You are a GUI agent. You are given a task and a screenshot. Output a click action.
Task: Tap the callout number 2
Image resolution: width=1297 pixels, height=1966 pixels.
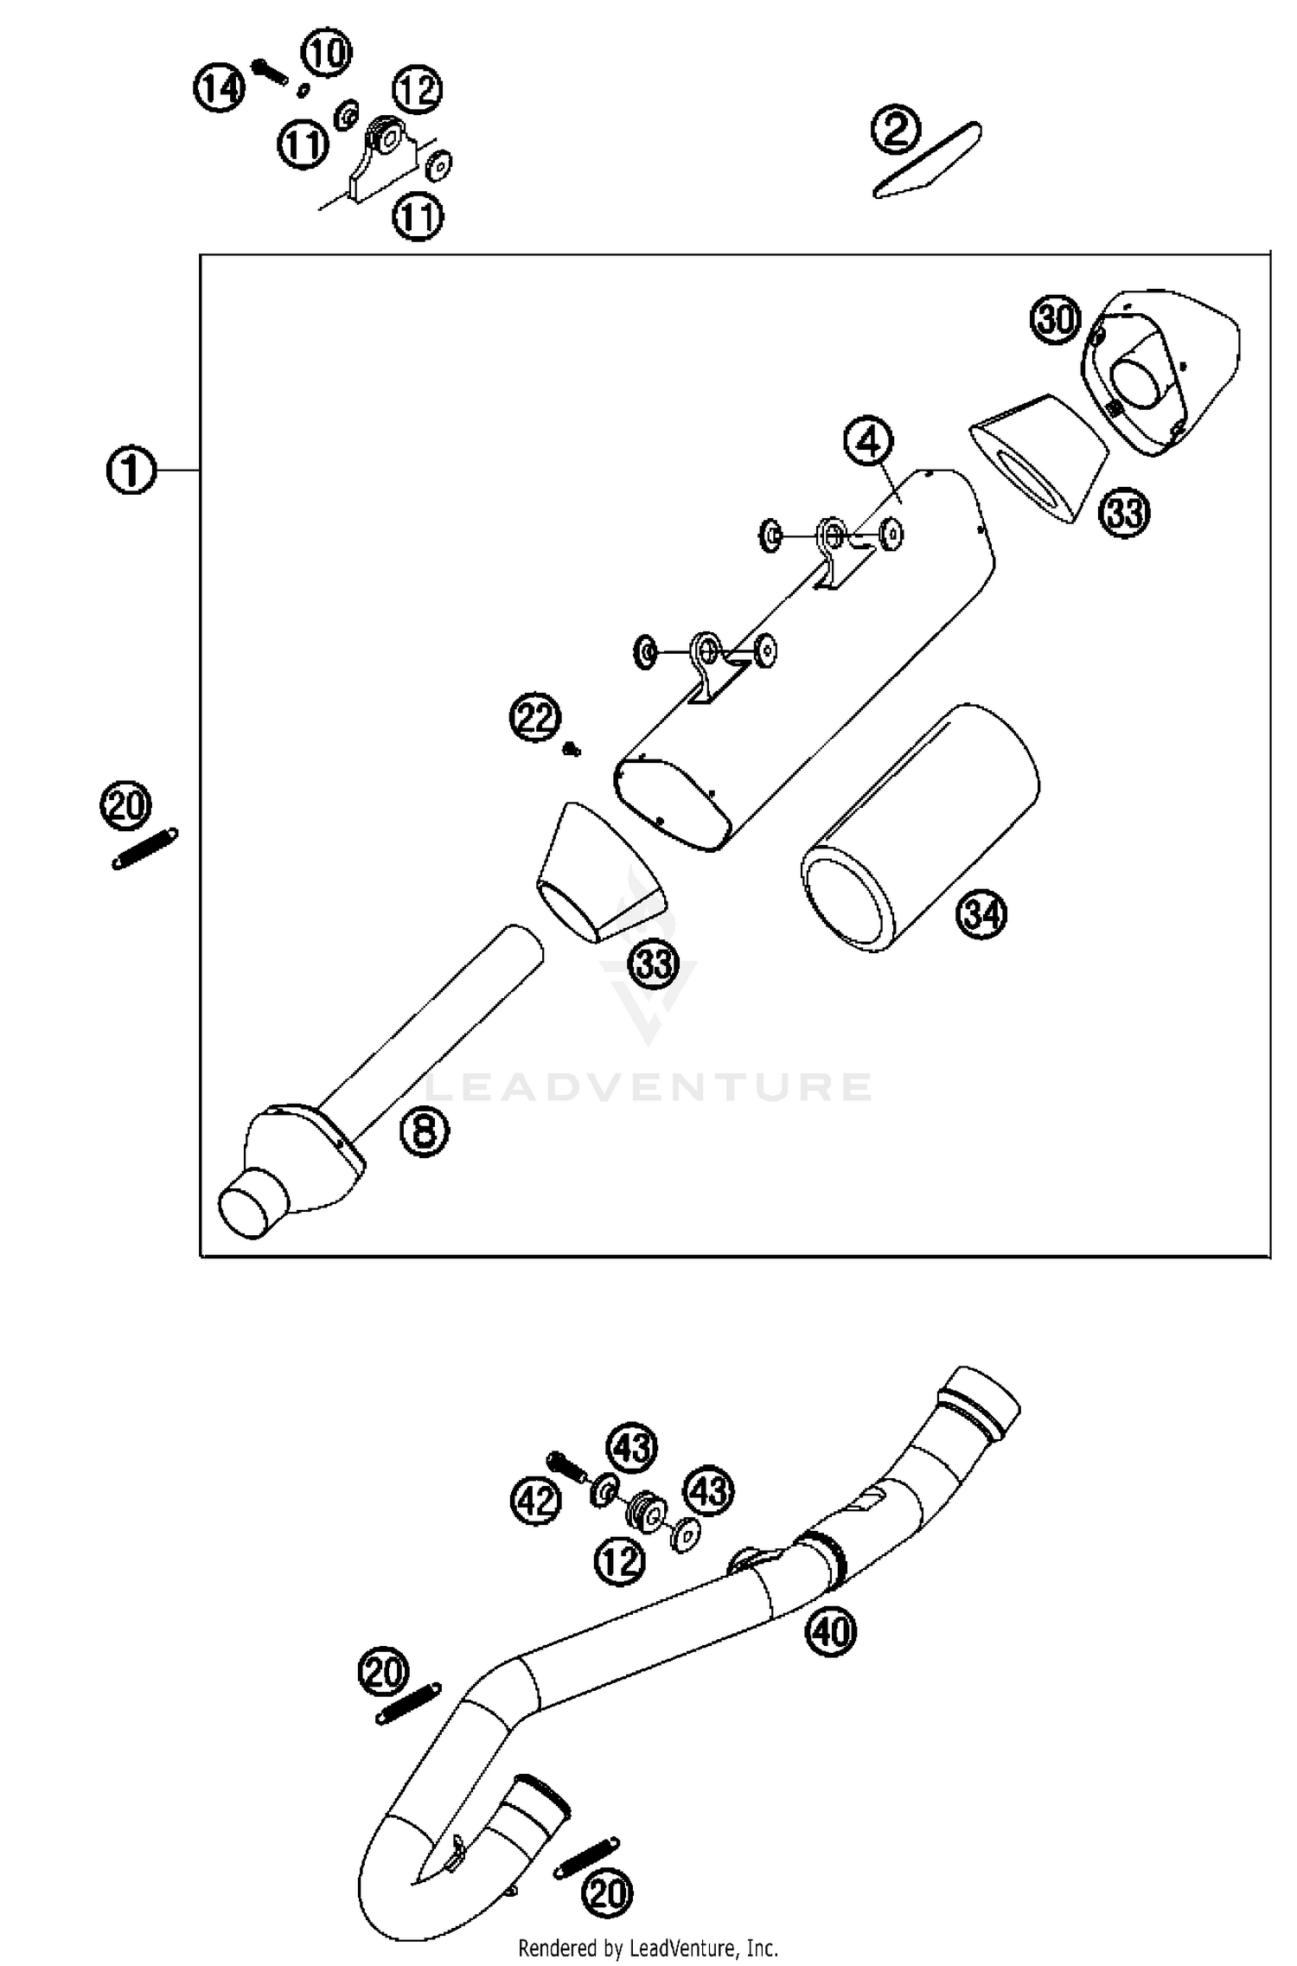click(x=896, y=131)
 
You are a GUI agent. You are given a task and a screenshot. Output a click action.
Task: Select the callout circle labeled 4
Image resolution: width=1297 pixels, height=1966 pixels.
click(x=868, y=442)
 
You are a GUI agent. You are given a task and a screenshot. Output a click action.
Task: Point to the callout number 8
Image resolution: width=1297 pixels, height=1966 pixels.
click(x=425, y=1130)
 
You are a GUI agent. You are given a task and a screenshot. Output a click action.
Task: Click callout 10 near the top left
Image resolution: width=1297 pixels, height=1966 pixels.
click(x=326, y=53)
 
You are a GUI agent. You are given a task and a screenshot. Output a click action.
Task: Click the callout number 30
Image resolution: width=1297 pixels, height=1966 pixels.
click(x=1056, y=320)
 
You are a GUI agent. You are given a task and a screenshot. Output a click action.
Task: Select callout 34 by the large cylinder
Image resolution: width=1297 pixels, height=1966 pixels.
click(x=981, y=915)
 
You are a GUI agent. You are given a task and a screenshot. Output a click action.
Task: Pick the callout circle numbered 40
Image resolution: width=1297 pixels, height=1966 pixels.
click(x=831, y=1630)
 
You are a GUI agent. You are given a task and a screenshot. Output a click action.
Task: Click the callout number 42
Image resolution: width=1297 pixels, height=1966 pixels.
click(x=535, y=1500)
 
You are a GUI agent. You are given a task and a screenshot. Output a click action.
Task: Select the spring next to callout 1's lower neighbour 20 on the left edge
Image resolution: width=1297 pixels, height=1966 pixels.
click(x=145, y=848)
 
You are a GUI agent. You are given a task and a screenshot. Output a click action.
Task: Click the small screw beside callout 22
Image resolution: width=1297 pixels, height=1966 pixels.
click(x=572, y=749)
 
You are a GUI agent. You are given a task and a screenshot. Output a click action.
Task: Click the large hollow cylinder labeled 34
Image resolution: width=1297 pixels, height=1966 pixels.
click(x=921, y=829)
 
